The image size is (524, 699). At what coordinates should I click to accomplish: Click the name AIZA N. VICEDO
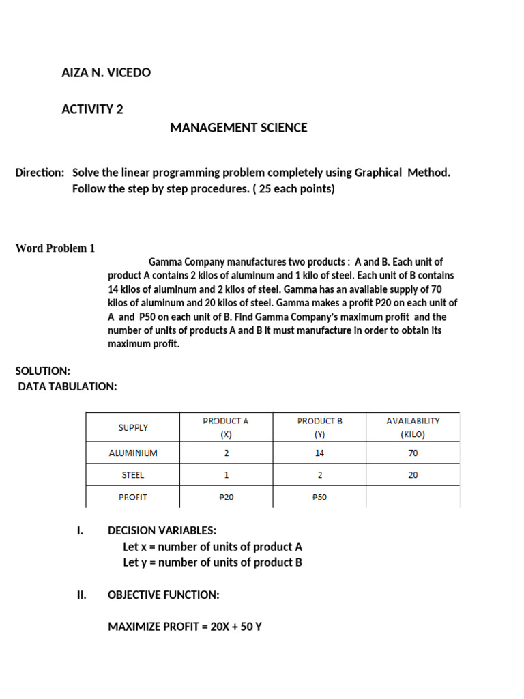coord(106,72)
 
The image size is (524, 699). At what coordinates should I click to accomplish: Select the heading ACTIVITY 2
coord(92,109)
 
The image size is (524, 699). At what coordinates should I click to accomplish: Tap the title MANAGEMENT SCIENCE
coord(238,128)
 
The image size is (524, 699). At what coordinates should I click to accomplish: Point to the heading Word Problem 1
coord(55,248)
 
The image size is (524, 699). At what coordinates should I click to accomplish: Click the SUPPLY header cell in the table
coord(133,427)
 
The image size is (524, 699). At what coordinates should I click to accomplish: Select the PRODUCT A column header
coord(226,427)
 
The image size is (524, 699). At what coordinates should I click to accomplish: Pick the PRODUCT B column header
coord(319,427)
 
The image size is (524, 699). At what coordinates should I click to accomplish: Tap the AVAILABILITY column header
coord(413,427)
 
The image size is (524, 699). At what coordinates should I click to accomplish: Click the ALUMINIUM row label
coord(133,453)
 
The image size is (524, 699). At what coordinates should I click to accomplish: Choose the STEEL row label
coord(133,475)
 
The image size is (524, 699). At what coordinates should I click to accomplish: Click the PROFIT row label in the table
coord(133,497)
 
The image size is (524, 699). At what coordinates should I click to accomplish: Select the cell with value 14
coord(319,453)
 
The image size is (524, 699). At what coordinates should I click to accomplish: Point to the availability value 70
coord(413,453)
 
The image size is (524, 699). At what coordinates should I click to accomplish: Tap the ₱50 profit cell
coord(319,497)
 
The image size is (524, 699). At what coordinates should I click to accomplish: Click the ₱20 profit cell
coord(226,497)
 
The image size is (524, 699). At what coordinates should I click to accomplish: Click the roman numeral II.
coord(81,595)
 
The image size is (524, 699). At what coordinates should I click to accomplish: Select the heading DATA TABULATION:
coord(68,387)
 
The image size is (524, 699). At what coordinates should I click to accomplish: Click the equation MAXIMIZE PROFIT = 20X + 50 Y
coord(185,626)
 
